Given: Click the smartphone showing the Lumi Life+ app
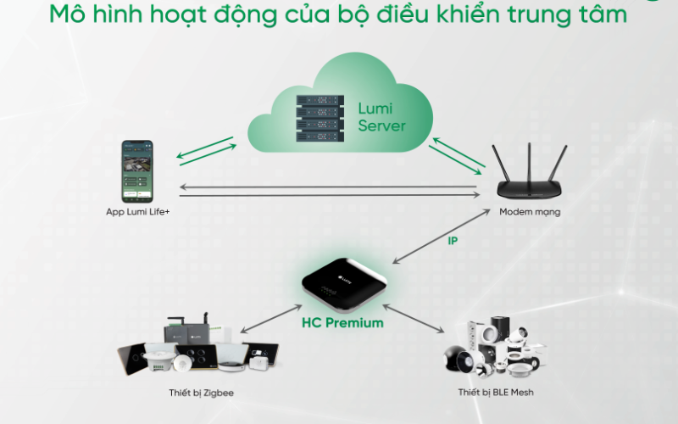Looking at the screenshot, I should pos(138,170).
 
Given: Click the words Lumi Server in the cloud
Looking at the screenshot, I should pos(381,118).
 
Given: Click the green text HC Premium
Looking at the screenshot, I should pos(342,323).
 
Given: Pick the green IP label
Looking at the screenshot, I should pos(453,241).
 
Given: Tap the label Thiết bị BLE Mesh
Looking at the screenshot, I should pos(496,393).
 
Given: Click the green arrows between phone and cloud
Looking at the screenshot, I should pos(206,150).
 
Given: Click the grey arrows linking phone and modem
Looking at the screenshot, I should pos(331,190).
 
